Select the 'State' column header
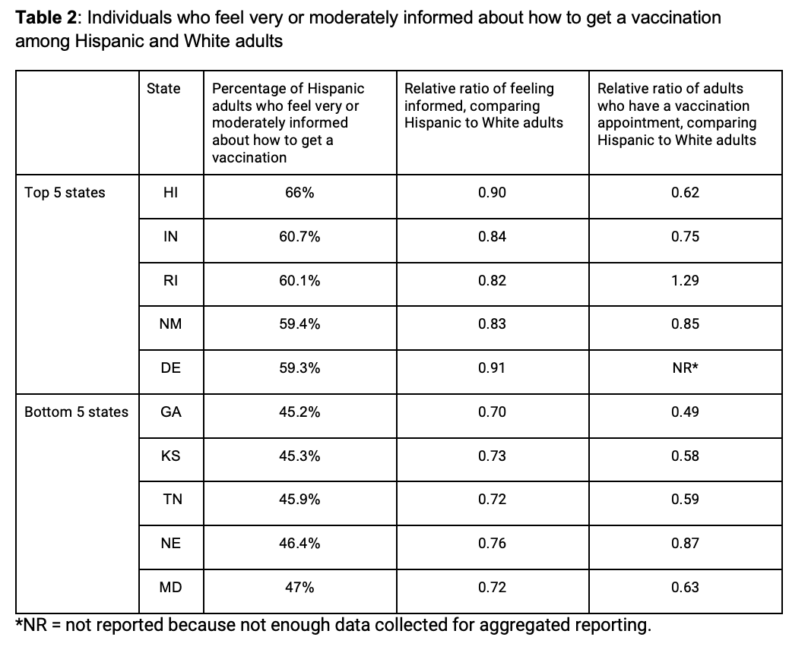coord(163,89)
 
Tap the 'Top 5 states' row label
coord(65,193)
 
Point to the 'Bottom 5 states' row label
coord(76,412)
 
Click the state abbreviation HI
coord(170,193)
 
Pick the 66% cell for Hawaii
coord(299,193)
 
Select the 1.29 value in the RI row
coord(685,281)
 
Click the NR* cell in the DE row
coord(685,368)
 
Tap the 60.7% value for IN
coord(299,237)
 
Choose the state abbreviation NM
coord(170,324)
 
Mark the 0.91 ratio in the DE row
coord(492,368)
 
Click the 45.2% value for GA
coord(299,412)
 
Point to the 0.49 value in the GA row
coord(685,412)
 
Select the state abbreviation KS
coord(170,456)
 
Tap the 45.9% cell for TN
coord(299,500)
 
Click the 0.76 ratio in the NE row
coord(492,544)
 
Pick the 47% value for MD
coord(299,588)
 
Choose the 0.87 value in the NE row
coord(685,544)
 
